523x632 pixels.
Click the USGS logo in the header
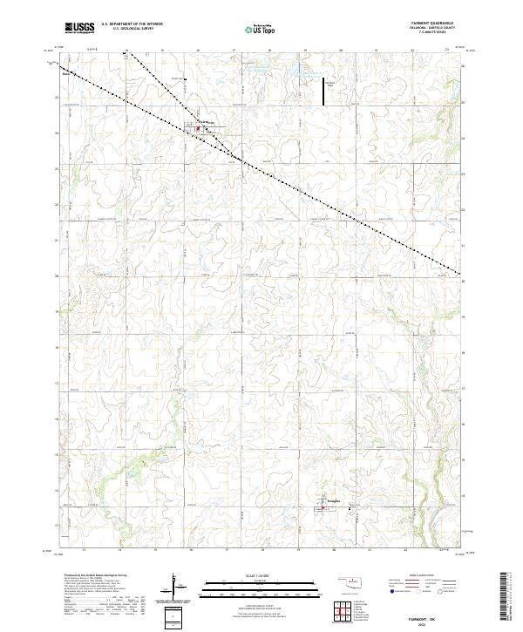[x=78, y=28]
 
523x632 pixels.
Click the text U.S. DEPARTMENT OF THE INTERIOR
[x=132, y=24]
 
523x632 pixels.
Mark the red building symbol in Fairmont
[x=198, y=129]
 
